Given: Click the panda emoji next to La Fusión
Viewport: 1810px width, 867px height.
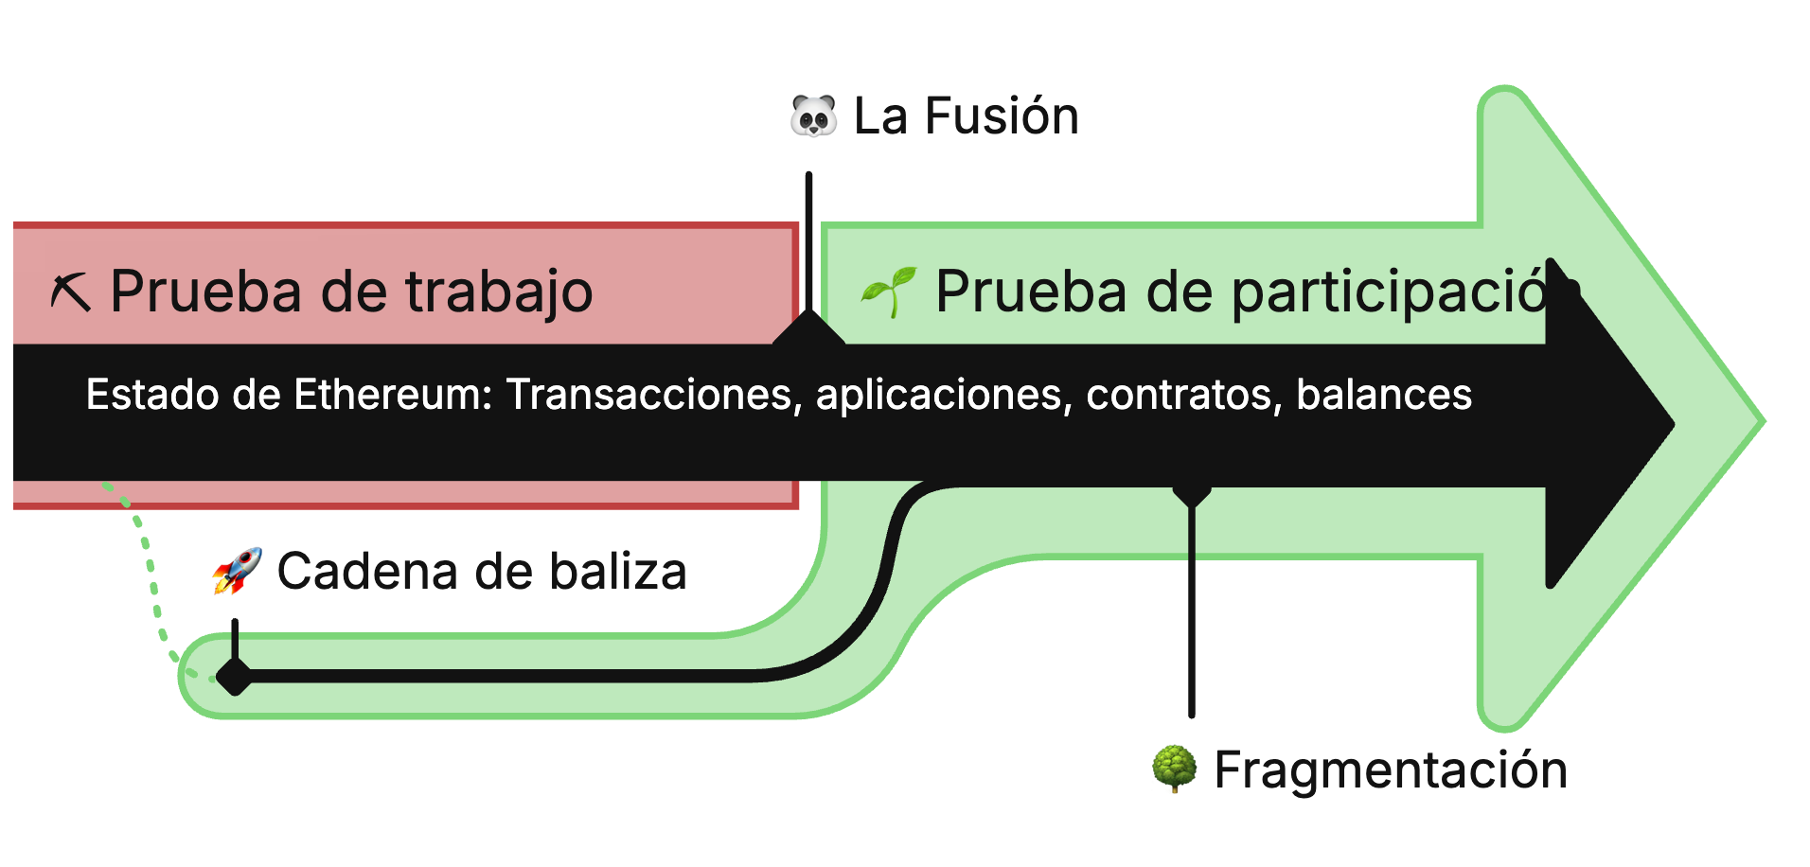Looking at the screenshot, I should coord(813,116).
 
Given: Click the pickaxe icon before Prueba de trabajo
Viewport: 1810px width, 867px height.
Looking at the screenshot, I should coord(71,292).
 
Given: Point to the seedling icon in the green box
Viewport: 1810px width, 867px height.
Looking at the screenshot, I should coord(888,292).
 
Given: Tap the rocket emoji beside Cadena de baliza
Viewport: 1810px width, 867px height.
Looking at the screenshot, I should coord(237,571).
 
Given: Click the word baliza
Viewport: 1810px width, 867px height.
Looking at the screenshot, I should coord(617,572).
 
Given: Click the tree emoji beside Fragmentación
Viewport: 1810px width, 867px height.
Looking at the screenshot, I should coord(1174,769).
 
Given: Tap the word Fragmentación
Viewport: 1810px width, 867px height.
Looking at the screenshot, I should coord(1391,770).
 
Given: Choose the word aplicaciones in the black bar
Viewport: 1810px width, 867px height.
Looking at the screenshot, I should coord(944,395).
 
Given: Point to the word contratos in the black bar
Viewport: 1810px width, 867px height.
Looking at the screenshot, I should coord(1183,395).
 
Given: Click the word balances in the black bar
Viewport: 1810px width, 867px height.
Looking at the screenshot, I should coord(1383,395).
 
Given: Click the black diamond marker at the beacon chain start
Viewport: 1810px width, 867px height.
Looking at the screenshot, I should coord(234,676).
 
